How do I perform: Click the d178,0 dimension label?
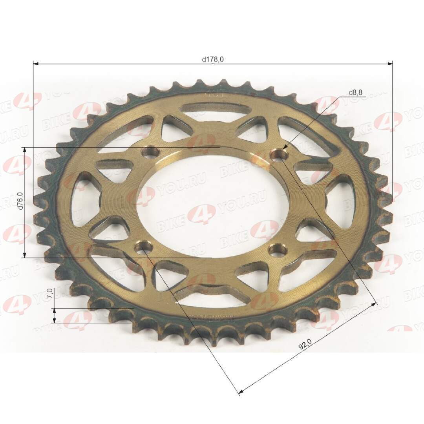point(213,59)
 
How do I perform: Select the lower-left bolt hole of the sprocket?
point(143,247)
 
